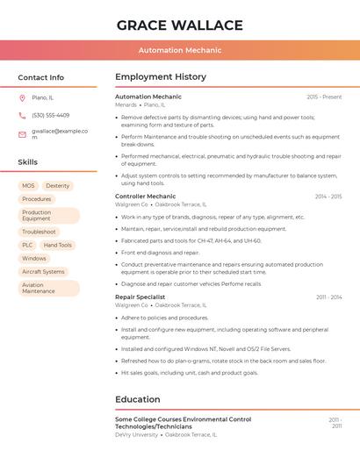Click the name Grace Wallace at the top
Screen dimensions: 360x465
pos(179,25)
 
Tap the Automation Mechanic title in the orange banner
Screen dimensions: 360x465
pos(179,50)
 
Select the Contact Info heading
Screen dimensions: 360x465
pos(40,77)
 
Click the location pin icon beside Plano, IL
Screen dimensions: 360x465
pos(22,97)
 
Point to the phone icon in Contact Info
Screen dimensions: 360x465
pos(22,115)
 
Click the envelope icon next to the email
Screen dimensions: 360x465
pos(22,134)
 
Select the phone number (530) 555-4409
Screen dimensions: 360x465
pos(50,115)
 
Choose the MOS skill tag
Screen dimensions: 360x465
pos(29,186)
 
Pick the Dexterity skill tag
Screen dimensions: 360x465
pos(58,186)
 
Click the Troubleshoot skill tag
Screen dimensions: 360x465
pos(39,232)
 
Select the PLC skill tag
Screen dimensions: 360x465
pos(27,245)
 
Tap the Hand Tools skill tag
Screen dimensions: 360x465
pos(58,245)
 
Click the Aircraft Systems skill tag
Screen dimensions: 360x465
pos(43,272)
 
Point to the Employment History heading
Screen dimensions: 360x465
pos(161,77)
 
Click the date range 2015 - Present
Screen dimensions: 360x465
pos(324,97)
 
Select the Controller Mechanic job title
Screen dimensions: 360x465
pos(145,197)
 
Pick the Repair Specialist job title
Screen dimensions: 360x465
pos(140,297)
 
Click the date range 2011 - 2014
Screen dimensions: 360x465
pos(328,297)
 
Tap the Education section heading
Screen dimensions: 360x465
pos(138,399)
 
